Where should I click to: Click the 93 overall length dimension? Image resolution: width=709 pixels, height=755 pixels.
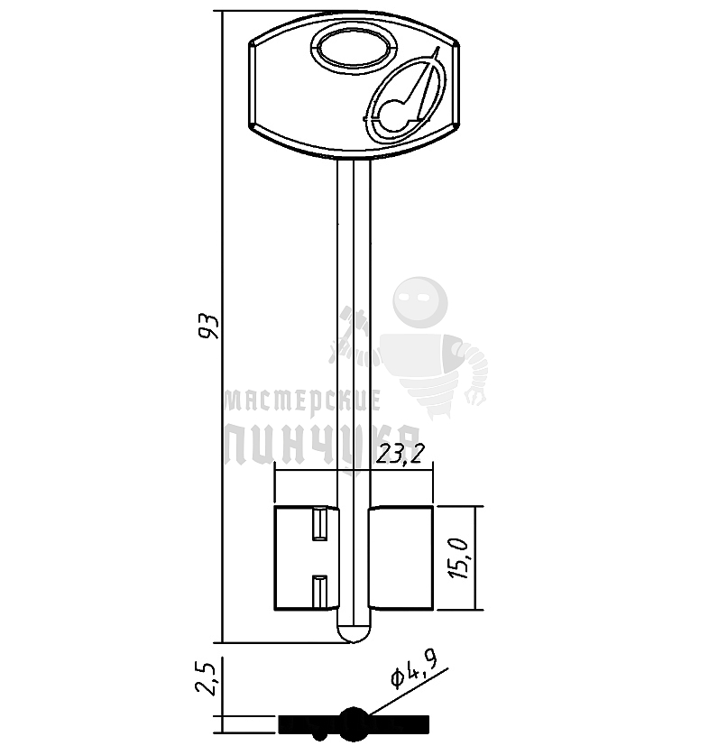[210, 327]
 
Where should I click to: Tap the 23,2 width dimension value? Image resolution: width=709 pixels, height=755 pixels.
[401, 453]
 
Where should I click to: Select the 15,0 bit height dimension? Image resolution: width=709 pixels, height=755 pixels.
[458, 558]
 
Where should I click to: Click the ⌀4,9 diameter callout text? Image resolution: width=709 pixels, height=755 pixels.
[414, 671]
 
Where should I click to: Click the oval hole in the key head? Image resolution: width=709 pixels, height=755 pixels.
[354, 50]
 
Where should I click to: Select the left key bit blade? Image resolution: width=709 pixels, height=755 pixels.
[306, 558]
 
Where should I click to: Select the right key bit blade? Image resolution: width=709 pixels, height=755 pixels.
[401, 558]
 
